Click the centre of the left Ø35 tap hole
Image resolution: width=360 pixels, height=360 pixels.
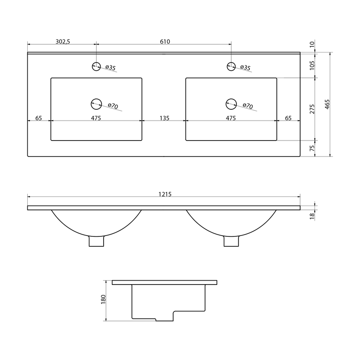pyautogui.click(x=96, y=66)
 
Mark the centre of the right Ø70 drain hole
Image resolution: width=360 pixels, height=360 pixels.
pyautogui.click(x=231, y=104)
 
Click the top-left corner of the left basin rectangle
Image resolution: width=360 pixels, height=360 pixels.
pyautogui.click(x=51, y=78)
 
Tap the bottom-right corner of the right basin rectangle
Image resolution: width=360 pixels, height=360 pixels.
pyautogui.click(x=277, y=141)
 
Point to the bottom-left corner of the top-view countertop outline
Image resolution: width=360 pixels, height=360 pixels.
pyautogui.click(x=28, y=157)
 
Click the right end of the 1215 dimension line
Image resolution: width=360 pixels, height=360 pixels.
pyautogui.click(x=300, y=197)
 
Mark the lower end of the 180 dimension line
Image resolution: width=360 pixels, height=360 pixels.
pyautogui.click(x=106, y=321)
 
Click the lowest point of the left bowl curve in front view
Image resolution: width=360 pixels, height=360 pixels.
pyautogui.click(x=96, y=236)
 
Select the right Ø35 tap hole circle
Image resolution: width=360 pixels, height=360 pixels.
pyautogui.click(x=231, y=66)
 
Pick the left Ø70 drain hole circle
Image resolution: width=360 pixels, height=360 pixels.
pyautogui.click(x=96, y=104)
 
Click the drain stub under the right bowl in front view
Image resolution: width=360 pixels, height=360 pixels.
pyautogui.click(x=231, y=241)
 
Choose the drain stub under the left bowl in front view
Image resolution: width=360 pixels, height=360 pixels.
pyautogui.click(x=96, y=241)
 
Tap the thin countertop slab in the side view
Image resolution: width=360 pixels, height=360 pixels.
pyautogui.click(x=165, y=282)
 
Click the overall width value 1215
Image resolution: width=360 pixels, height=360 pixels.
pyautogui.click(x=165, y=194)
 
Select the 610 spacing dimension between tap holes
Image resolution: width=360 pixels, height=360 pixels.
pyautogui.click(x=165, y=42)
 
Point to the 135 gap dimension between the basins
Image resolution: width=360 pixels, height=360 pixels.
pyautogui.click(x=164, y=118)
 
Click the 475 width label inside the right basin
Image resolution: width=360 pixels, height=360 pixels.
pyautogui.click(x=231, y=118)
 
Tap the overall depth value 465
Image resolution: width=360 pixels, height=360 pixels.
pyautogui.click(x=327, y=104)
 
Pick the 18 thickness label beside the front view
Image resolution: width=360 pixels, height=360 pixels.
pyautogui.click(x=312, y=216)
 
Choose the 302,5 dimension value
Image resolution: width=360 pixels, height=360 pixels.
pyautogui.click(x=63, y=42)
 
